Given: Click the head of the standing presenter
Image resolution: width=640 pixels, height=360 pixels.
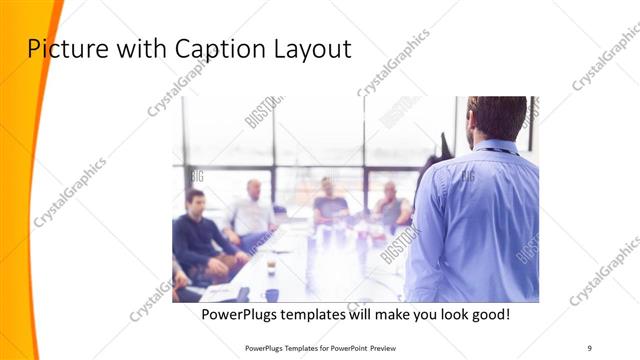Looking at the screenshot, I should [496, 117].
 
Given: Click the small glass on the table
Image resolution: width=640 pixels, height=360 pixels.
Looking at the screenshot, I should [270, 266].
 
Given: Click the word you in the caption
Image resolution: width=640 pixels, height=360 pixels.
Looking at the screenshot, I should [408, 314].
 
